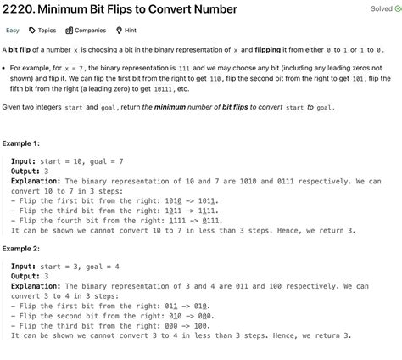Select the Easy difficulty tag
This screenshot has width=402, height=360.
tap(13, 31)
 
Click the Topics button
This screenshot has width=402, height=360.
tap(47, 31)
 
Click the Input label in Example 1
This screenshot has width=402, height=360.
tap(24, 160)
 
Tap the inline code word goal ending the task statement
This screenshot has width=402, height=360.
tap(324, 108)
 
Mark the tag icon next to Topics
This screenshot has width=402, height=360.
tap(31, 31)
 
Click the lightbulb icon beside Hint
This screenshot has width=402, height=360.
tap(120, 31)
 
